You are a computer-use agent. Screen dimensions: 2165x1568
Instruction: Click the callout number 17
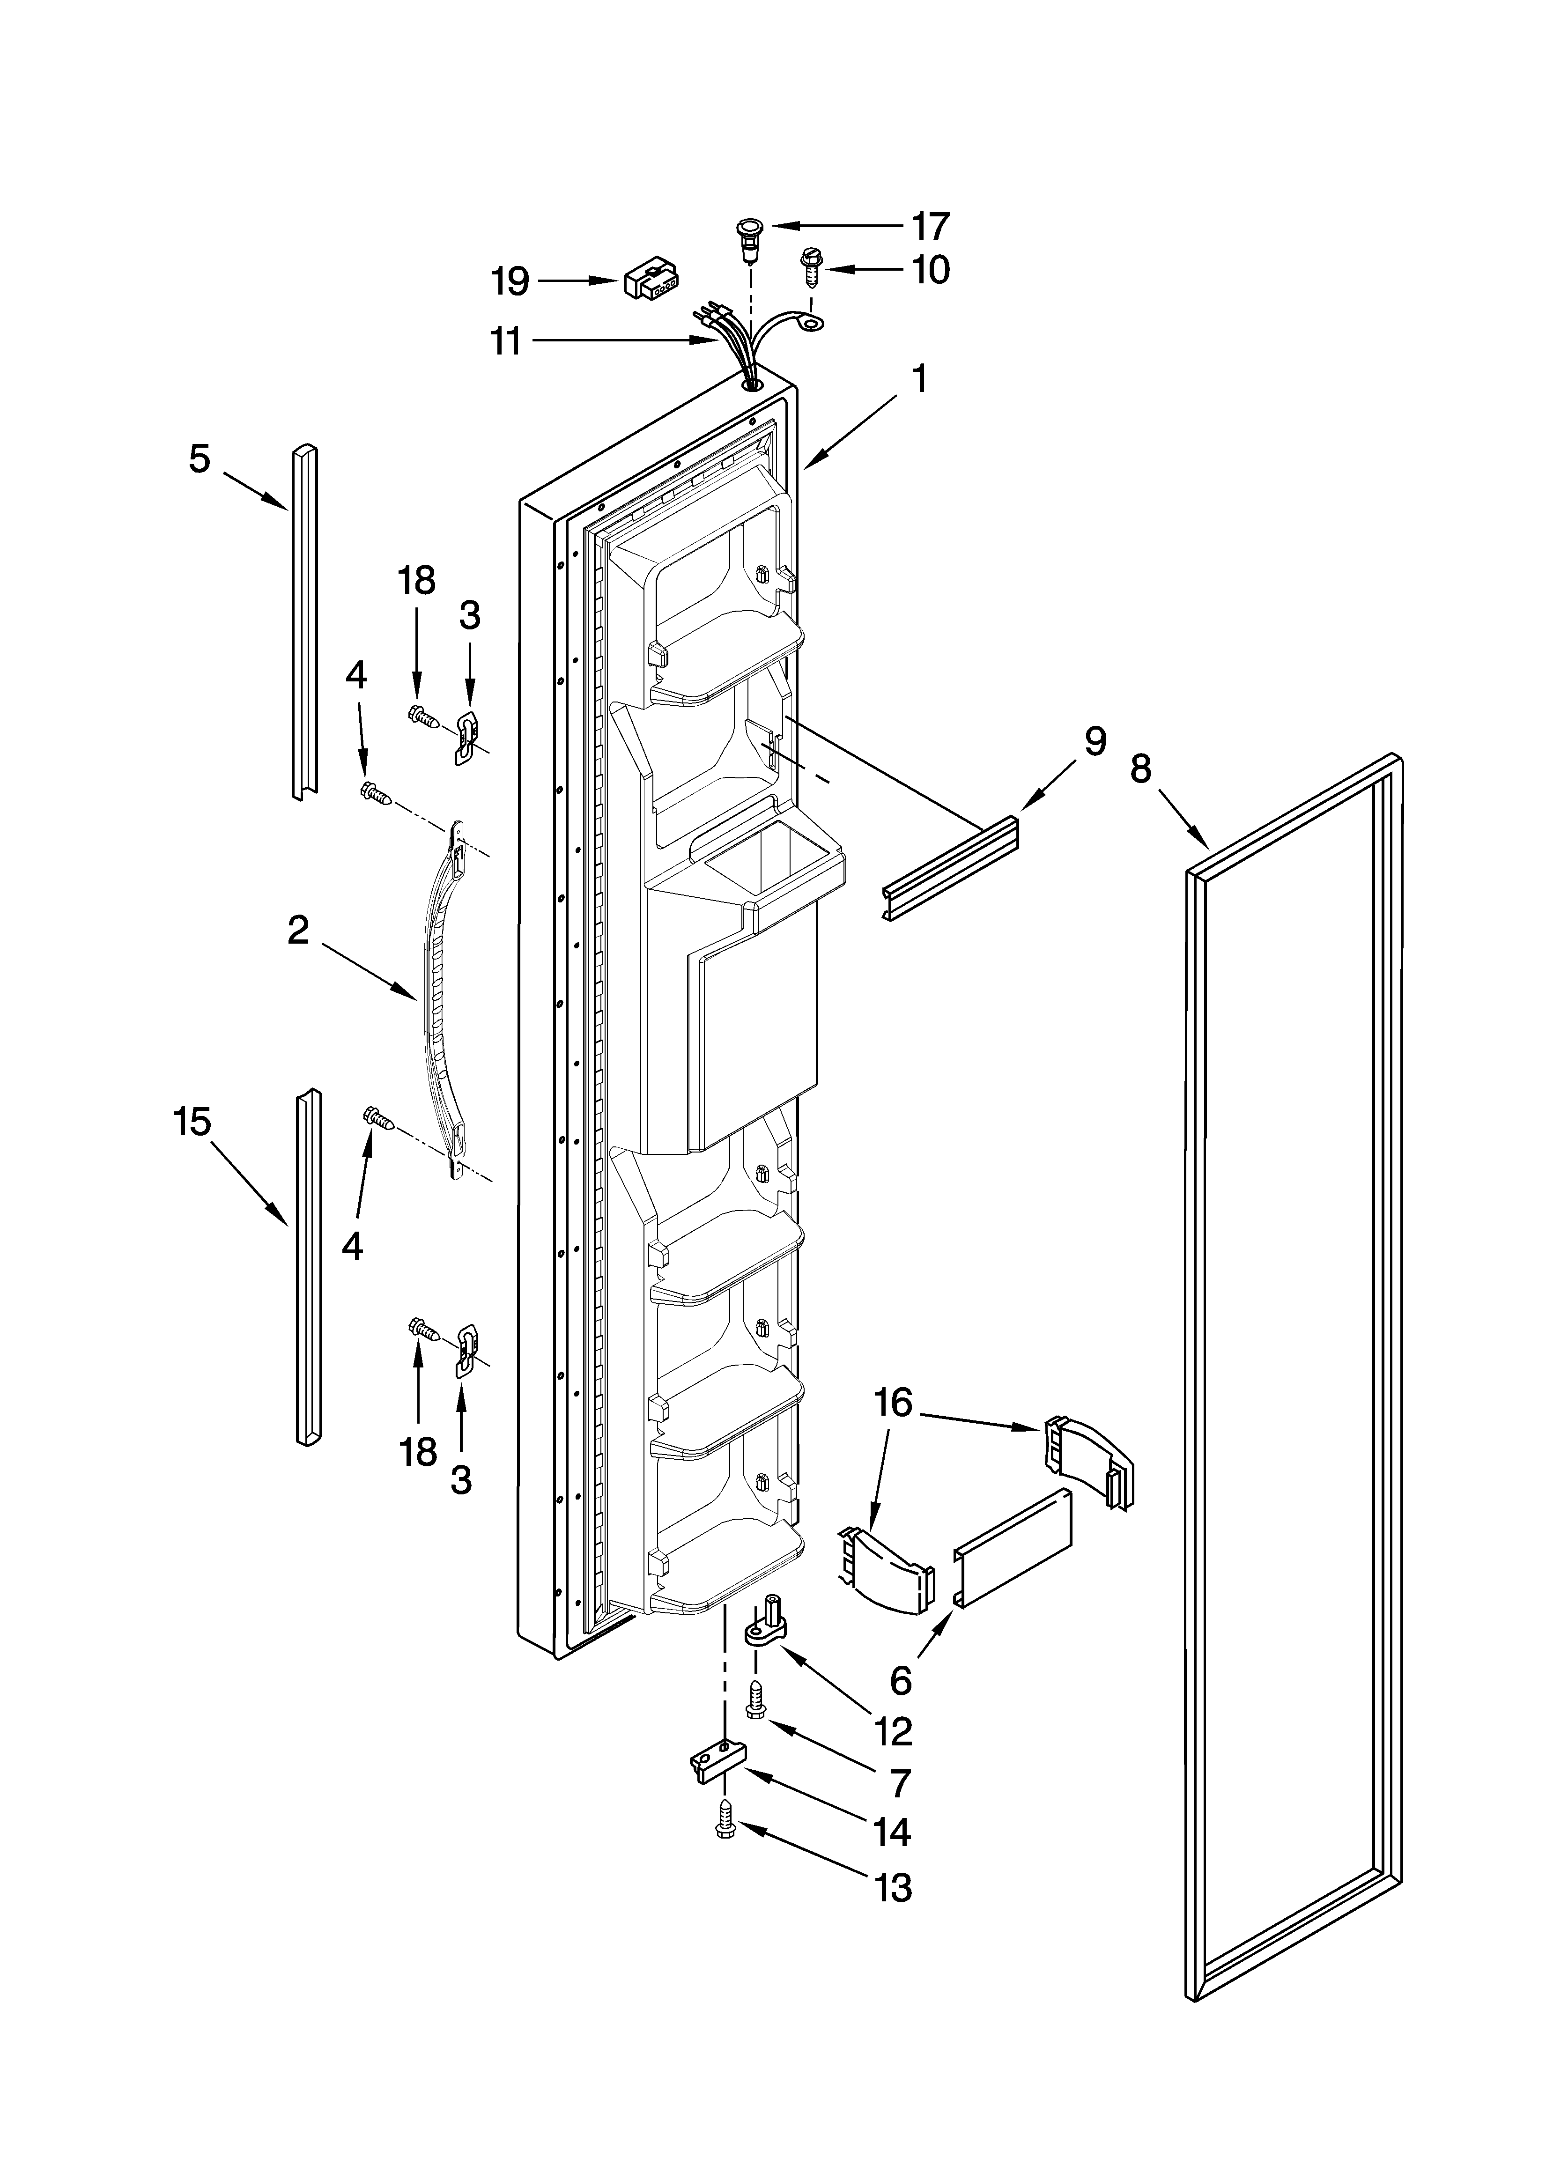click(929, 227)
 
